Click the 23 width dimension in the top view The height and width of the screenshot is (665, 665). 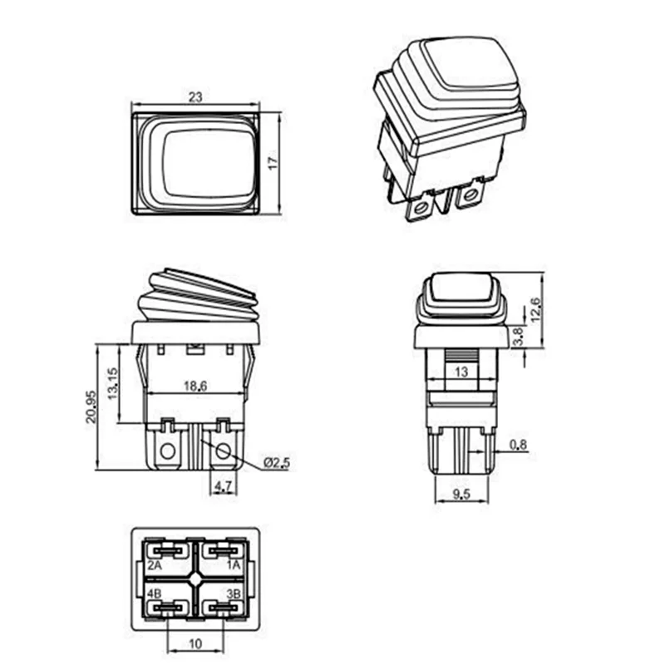coord(195,97)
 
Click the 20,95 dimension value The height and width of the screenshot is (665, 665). coord(91,405)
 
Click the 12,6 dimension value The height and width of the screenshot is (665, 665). coord(535,309)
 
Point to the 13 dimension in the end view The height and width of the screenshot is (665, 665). coord(460,373)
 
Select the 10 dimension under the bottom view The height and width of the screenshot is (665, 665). coord(196,643)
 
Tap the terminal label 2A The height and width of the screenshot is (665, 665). coord(154,564)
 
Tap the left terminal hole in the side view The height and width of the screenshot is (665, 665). coord(168,452)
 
